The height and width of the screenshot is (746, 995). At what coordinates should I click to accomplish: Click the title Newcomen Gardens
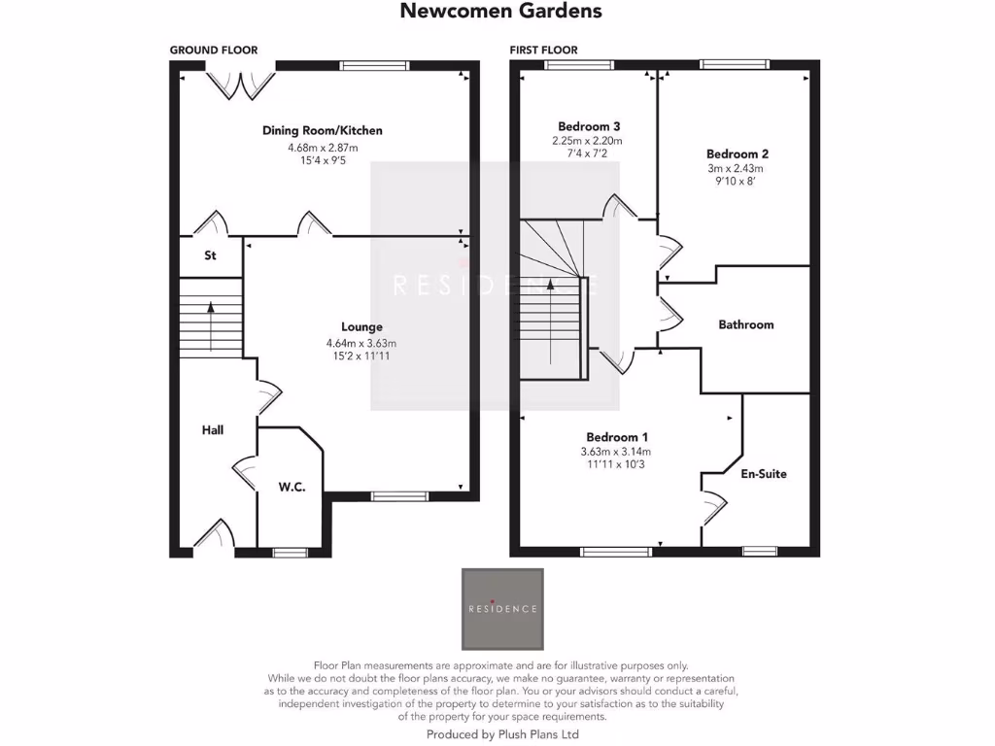[500, 12]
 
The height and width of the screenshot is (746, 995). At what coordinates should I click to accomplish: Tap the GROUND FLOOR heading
[214, 51]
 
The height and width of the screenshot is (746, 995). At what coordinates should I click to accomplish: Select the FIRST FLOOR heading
[543, 51]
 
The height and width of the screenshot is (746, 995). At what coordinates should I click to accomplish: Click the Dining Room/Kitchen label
[323, 130]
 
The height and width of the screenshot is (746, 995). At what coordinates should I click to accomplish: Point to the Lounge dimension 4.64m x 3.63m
[361, 343]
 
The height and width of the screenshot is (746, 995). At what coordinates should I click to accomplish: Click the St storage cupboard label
[209, 256]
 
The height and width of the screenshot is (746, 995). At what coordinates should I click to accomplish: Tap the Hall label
[213, 429]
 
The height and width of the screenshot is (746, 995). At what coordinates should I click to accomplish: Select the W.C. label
[292, 487]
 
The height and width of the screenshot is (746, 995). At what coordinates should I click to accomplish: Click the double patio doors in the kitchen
[240, 83]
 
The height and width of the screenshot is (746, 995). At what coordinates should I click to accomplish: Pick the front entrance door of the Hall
[217, 536]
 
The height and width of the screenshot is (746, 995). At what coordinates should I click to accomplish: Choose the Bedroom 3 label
[589, 126]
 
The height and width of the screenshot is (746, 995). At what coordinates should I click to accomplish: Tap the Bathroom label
[746, 324]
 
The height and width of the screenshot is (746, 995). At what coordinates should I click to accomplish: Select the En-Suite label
[763, 474]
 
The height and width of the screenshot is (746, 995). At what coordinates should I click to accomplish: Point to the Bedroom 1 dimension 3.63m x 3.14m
[615, 452]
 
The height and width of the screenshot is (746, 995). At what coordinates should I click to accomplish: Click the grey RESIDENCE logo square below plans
[502, 609]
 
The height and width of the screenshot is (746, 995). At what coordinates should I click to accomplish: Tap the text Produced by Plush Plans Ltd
[502, 735]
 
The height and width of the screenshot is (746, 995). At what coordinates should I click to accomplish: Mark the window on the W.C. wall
[288, 552]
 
